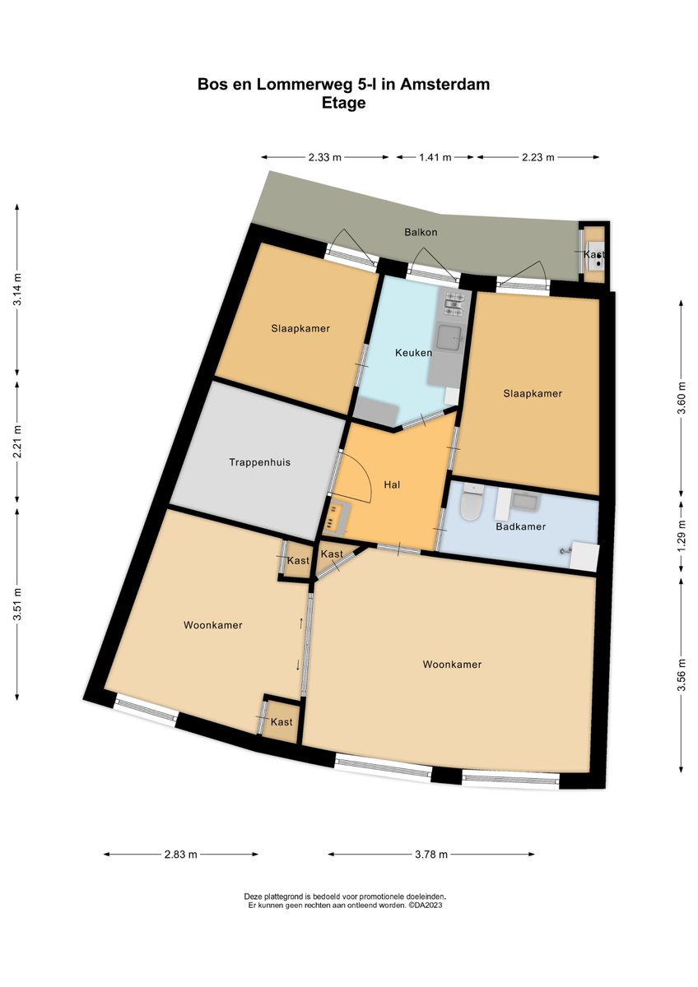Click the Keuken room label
[x=413, y=352]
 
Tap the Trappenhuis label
[x=259, y=462]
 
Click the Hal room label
[x=392, y=485]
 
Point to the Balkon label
[x=421, y=232]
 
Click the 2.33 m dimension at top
[x=325, y=157]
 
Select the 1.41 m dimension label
[x=435, y=157]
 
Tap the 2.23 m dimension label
[x=538, y=157]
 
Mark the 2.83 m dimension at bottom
[x=181, y=855]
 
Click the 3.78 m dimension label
[x=430, y=855]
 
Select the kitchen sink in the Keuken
[x=451, y=336]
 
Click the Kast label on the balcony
[x=593, y=256]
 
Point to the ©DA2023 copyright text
[x=430, y=905]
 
